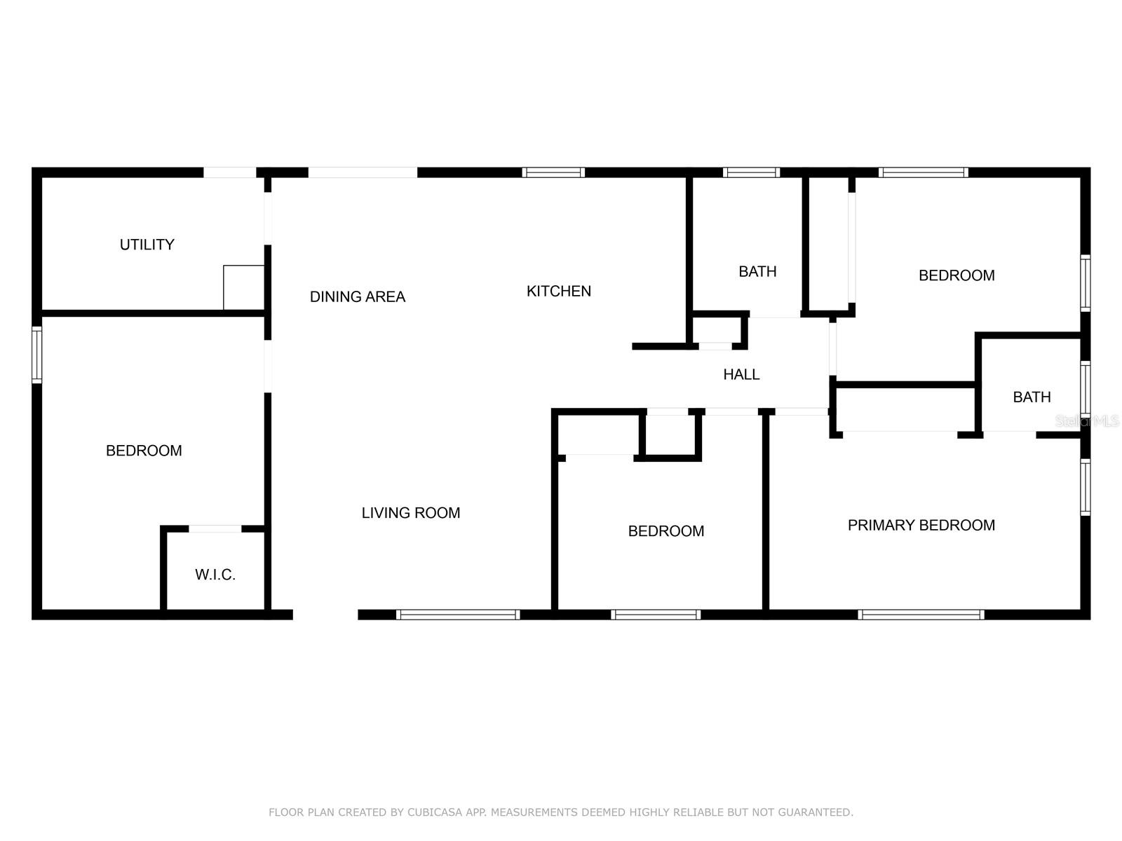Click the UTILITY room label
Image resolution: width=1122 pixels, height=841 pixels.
tap(147, 245)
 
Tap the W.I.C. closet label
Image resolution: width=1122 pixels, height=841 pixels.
tap(215, 575)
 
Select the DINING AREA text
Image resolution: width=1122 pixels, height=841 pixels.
tap(358, 296)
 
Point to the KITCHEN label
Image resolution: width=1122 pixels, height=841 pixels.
tap(558, 291)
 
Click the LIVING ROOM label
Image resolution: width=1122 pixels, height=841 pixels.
tap(411, 513)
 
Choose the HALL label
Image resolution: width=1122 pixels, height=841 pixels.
tap(741, 374)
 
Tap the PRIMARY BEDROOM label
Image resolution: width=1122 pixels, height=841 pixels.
tap(921, 525)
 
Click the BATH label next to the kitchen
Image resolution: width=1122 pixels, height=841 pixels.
tap(757, 271)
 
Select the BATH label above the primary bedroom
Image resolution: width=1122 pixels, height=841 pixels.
tap(1032, 397)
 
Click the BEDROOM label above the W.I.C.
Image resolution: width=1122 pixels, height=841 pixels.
tap(144, 451)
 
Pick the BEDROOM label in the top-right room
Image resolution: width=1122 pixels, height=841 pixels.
tap(957, 275)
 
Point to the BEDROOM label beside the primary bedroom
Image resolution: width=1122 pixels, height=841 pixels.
tap(665, 531)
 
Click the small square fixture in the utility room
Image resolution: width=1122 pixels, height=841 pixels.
tap(243, 287)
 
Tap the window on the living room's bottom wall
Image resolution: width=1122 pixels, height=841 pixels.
tap(458, 615)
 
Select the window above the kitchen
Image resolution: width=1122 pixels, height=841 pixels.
tap(553, 172)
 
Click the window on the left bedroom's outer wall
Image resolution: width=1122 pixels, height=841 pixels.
tap(37, 355)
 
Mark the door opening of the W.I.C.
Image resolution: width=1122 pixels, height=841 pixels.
tap(215, 528)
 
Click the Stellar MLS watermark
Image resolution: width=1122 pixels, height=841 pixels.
tap(1087, 421)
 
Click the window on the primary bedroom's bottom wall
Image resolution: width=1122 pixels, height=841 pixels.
tap(921, 615)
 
